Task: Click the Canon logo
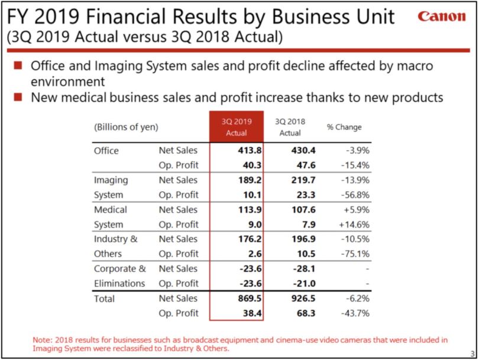click(442, 17)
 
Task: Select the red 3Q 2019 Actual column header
click(237, 127)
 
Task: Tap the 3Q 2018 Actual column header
click(290, 127)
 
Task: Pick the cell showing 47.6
click(304, 166)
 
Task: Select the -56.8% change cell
click(355, 195)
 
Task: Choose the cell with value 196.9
click(303, 239)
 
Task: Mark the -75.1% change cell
click(355, 254)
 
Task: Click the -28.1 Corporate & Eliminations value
click(303, 269)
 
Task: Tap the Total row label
click(105, 299)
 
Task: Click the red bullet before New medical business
click(18, 96)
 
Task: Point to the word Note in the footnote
click(42, 340)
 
